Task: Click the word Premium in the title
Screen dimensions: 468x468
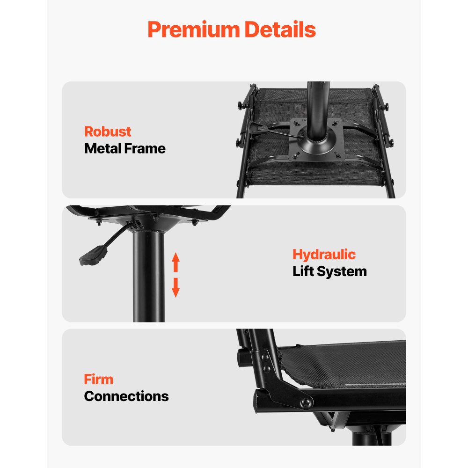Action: (x=194, y=29)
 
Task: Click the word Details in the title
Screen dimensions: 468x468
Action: (x=280, y=29)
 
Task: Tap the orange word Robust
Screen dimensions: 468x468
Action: (x=108, y=132)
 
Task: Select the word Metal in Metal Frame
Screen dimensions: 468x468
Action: (x=102, y=148)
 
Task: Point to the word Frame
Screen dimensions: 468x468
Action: (x=145, y=148)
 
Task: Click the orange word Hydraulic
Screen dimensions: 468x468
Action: (x=324, y=255)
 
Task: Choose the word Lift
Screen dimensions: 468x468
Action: (x=303, y=271)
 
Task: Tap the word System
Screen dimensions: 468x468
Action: (x=342, y=272)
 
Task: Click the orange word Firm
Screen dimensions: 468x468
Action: (x=98, y=380)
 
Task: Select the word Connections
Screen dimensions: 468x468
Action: (x=126, y=396)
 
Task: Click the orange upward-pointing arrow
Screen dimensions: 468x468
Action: (x=176, y=262)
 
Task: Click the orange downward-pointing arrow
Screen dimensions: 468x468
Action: (x=176, y=288)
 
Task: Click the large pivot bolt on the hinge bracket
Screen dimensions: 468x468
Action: (x=305, y=403)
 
